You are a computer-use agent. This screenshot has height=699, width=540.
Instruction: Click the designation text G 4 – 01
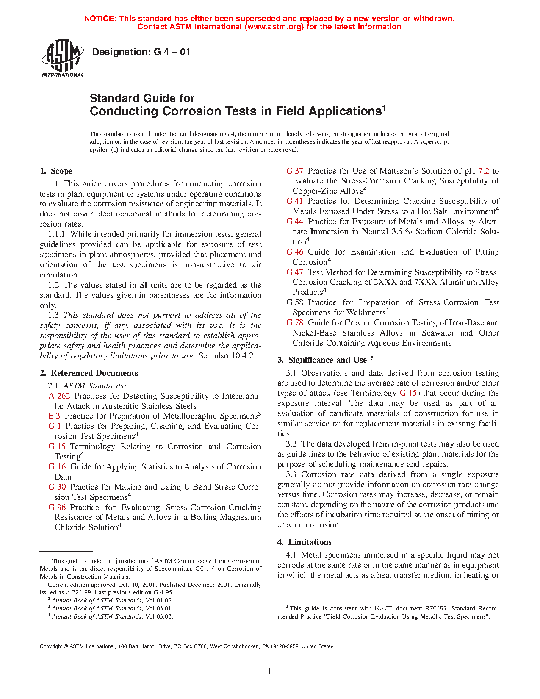(x=141, y=52)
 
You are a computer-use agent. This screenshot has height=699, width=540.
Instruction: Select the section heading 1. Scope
(x=56, y=171)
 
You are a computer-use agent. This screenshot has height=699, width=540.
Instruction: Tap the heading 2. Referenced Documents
(x=89, y=373)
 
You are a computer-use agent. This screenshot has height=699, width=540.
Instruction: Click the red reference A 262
(x=59, y=396)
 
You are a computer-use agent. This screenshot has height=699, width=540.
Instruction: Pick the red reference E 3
(x=54, y=416)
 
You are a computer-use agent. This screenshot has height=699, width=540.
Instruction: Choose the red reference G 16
(x=57, y=467)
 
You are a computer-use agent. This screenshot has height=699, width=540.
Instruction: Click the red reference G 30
(x=57, y=487)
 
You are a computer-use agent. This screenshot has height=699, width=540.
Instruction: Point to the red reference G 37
(x=295, y=171)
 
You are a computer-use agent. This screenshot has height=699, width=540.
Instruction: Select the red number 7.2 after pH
(x=484, y=171)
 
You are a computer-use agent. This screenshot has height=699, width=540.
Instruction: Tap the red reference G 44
(x=295, y=222)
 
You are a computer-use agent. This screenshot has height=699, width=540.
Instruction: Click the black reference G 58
(x=295, y=302)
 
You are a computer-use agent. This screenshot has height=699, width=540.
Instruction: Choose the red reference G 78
(x=295, y=323)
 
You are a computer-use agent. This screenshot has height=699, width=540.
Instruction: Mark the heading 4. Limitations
(x=305, y=542)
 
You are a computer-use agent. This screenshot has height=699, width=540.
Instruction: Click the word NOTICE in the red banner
(x=100, y=19)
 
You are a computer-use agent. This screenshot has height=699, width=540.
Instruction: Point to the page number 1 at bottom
(x=269, y=671)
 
